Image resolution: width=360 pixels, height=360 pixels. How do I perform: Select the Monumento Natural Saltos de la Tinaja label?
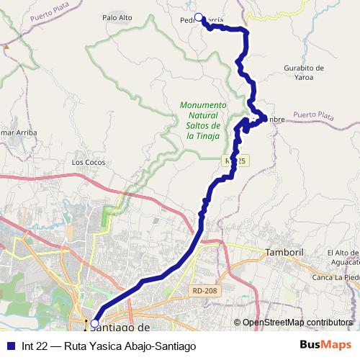(203, 120)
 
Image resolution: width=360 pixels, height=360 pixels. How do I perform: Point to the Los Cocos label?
(84, 162)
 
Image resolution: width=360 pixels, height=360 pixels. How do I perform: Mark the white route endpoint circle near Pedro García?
(199, 17)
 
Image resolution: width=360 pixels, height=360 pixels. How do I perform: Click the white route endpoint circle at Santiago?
(94, 323)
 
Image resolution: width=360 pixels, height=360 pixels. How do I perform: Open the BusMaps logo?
(324, 346)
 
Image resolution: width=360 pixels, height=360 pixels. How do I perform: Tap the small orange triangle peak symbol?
(6, 46)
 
